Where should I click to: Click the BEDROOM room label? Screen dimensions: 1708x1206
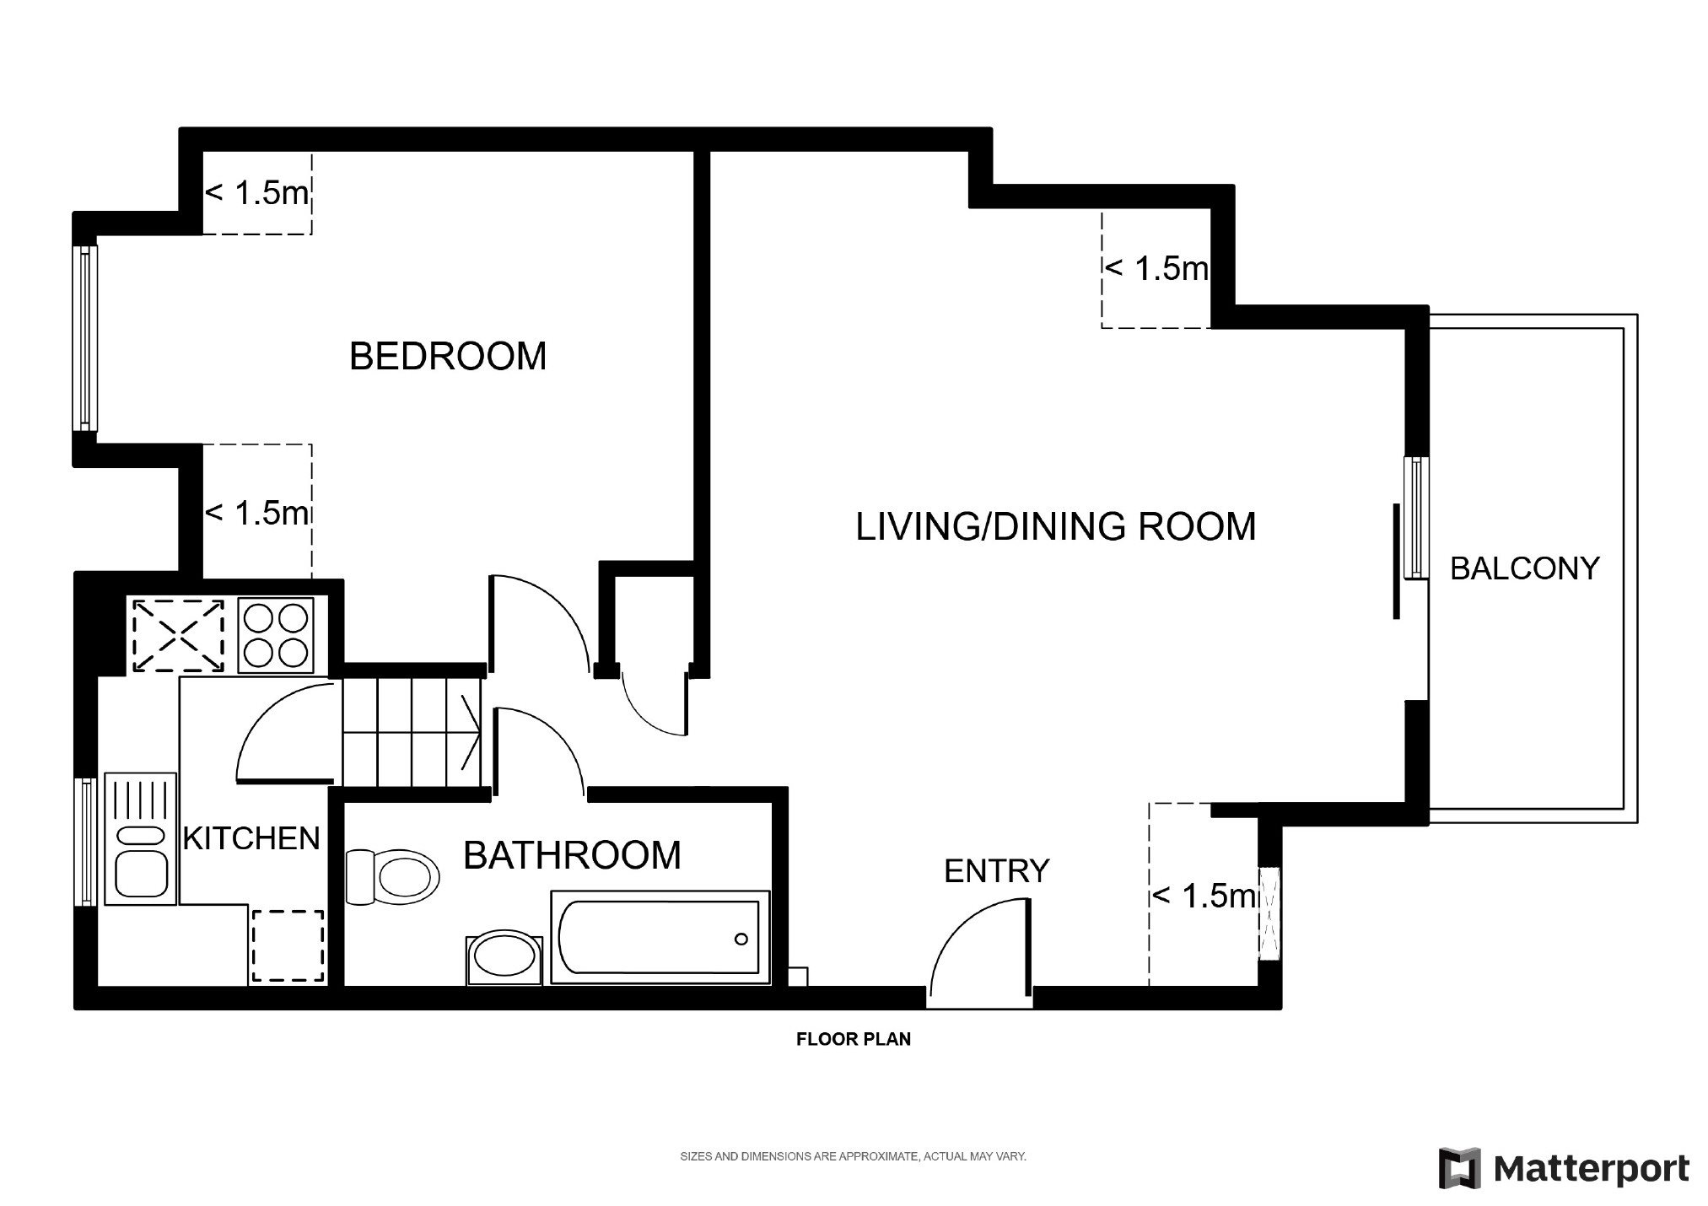tap(448, 356)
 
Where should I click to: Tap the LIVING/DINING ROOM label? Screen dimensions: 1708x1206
tap(1056, 526)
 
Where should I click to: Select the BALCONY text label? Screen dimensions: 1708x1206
tap(1524, 568)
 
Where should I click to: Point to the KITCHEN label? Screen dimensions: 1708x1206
tap(251, 837)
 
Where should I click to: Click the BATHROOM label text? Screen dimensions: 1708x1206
tap(572, 855)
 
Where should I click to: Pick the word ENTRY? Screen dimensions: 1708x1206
tap(996, 870)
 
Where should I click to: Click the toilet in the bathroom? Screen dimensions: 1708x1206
tap(393, 876)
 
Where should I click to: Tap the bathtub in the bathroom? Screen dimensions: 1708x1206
tap(660, 936)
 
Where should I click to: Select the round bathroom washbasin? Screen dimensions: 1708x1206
tap(504, 959)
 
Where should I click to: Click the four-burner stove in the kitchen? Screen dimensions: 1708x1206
tap(276, 635)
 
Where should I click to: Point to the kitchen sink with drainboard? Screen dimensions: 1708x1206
tap(140, 839)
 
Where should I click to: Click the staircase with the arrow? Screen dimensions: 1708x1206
tap(412, 733)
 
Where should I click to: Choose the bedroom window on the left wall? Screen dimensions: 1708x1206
tap(85, 337)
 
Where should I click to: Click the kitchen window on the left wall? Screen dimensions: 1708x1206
tap(85, 842)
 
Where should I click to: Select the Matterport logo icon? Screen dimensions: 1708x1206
tap(1461, 1169)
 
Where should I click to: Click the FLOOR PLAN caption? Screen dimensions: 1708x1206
tap(854, 1039)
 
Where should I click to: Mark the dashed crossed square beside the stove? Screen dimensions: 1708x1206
tap(178, 635)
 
